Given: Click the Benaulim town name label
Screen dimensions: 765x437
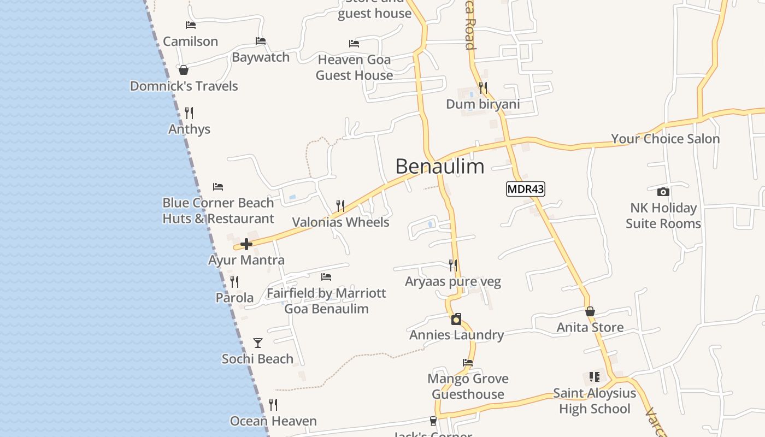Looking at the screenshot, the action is (439, 166).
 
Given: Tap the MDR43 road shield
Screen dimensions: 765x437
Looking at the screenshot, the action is (526, 189).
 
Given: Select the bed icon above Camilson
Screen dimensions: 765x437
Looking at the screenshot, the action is (190, 25).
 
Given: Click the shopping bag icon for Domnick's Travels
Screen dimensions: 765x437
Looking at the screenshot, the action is (184, 70).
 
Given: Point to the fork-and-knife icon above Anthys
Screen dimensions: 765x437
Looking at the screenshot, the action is (189, 113).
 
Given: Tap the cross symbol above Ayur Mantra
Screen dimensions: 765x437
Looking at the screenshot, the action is (246, 244).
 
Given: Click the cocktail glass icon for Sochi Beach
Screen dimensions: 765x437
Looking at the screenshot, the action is (258, 343).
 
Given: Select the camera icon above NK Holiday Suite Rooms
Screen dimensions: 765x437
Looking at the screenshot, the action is (663, 192).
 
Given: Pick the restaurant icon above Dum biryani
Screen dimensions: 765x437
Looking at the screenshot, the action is (482, 87).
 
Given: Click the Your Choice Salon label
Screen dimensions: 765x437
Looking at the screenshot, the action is (665, 139).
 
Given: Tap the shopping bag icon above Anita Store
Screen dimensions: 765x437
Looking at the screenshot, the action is (590, 311).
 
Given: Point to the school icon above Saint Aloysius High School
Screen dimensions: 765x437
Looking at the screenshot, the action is (595, 377).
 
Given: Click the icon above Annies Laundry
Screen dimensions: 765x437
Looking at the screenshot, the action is (456, 319).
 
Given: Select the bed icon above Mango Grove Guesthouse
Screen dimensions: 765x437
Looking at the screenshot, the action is (468, 363).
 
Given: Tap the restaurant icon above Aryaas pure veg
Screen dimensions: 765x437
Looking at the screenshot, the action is (453, 265).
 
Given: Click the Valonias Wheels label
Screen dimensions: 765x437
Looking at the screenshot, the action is (340, 222).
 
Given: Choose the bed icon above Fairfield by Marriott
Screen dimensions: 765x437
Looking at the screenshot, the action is (326, 277).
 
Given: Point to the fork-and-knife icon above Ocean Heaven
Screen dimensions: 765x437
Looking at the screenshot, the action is (273, 405).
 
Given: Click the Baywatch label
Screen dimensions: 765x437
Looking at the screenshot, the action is (261, 57).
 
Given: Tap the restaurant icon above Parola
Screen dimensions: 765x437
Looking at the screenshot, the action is (234, 282).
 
